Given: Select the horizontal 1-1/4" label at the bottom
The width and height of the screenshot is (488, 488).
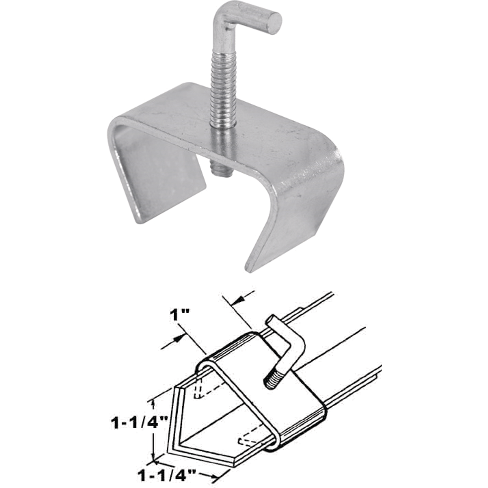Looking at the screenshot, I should [167, 474].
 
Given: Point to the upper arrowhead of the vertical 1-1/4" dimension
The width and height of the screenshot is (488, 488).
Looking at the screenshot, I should [153, 403].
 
